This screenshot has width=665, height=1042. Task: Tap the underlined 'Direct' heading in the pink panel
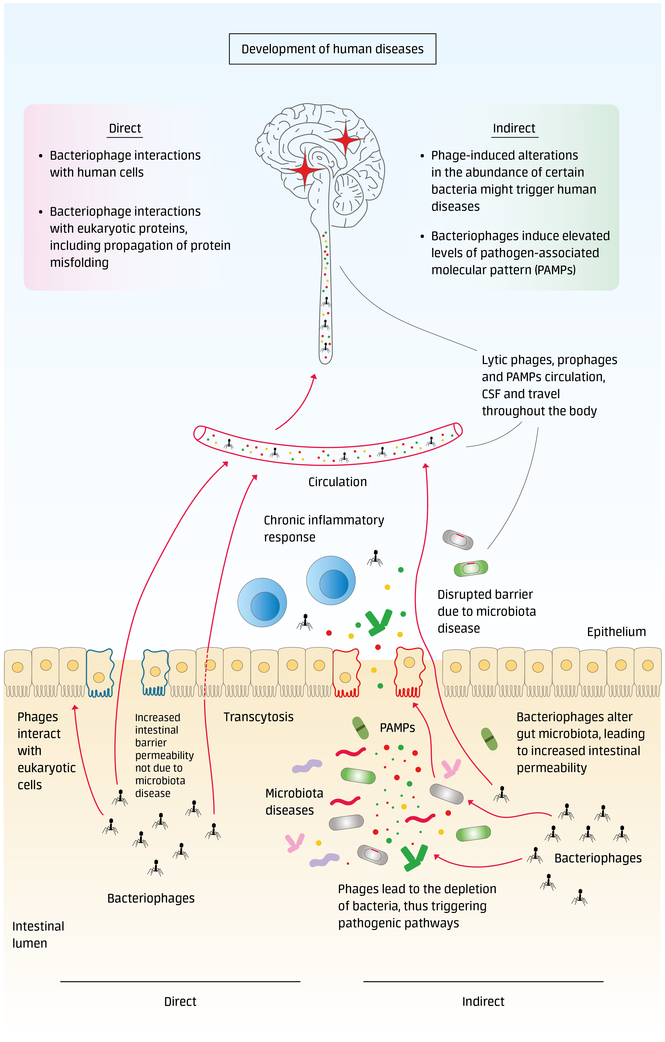[x=125, y=128]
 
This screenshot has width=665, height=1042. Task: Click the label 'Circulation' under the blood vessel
[x=337, y=482]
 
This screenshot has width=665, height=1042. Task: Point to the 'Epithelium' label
[x=616, y=632]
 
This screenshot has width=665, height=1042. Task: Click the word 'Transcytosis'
[x=258, y=717]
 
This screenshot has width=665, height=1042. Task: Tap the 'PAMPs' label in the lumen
[x=397, y=728]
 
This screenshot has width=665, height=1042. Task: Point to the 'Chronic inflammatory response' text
[x=324, y=528]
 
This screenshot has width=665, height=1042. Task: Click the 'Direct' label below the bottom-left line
[x=180, y=1001]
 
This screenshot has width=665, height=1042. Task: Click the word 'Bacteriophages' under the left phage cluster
[x=151, y=898]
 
